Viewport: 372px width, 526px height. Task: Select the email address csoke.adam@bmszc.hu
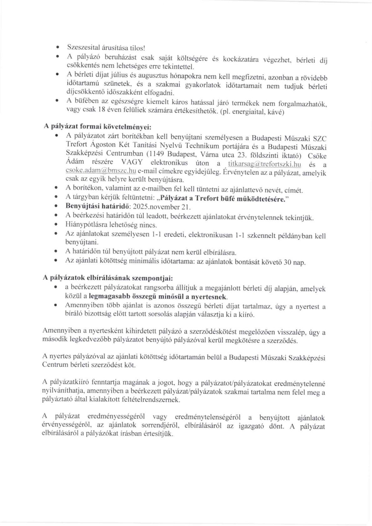pos(101,171)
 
